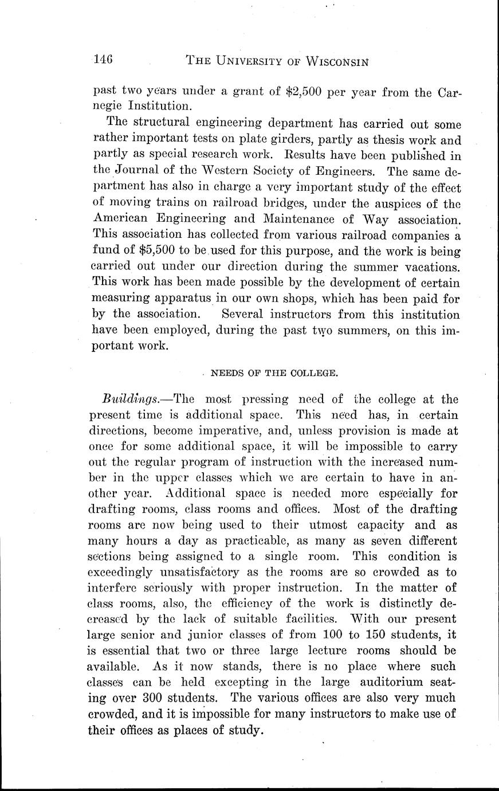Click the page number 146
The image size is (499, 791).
tap(104, 60)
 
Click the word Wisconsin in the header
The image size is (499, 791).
tap(324, 61)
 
